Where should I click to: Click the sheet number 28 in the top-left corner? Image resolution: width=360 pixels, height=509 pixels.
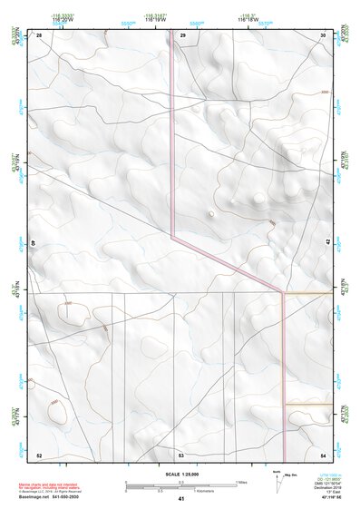coord(39,34)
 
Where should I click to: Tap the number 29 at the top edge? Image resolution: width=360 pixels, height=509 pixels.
coord(182,34)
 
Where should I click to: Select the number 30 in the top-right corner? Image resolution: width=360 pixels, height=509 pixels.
coord(323,34)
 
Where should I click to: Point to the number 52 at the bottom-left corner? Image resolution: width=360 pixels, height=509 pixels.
coord(39,455)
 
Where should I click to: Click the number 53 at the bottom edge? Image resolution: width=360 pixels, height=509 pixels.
coord(181,455)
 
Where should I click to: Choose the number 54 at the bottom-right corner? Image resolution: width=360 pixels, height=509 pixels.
coord(323,455)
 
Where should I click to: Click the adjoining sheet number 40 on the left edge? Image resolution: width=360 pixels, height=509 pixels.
coord(34,242)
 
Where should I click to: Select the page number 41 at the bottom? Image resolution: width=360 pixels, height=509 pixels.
coord(181,499)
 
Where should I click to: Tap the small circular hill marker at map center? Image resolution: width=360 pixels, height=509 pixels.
coord(211,214)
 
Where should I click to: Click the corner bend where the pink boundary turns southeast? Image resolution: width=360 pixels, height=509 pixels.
coord(172,238)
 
